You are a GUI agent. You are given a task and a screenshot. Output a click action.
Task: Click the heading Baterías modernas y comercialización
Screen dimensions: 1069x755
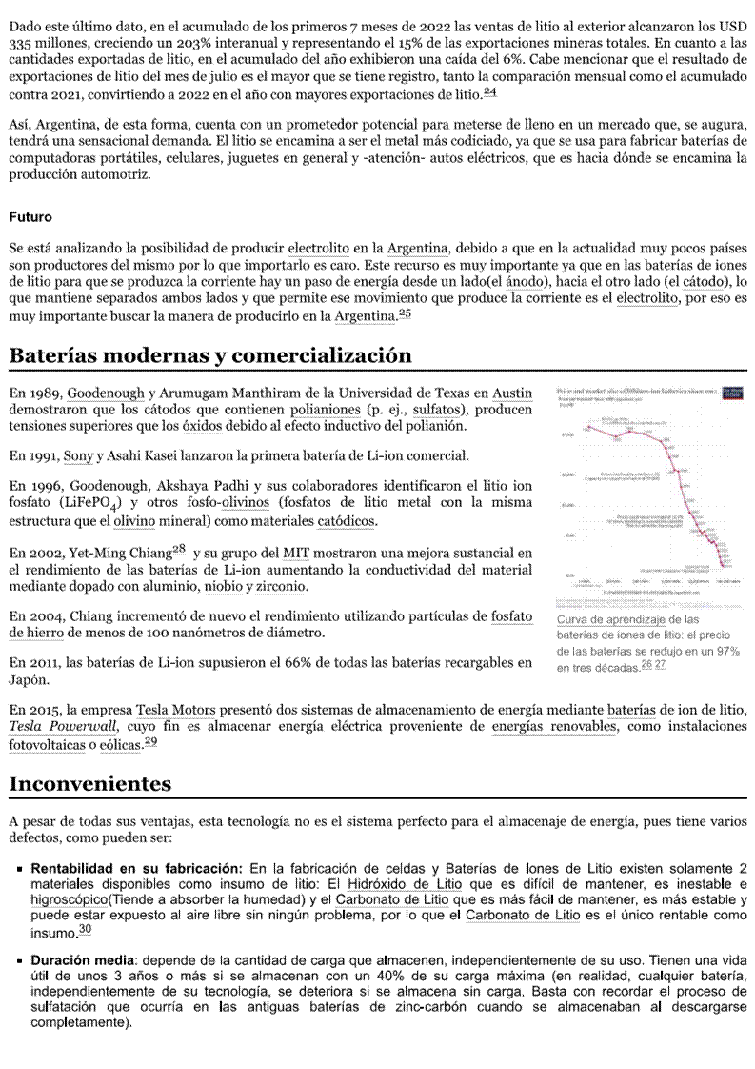click(210, 355)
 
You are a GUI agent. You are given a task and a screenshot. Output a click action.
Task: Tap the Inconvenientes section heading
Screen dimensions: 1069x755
click(90, 784)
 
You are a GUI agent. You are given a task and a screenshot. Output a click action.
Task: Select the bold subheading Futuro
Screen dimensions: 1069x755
click(30, 217)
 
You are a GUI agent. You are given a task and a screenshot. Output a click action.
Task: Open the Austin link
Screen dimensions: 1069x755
click(512, 393)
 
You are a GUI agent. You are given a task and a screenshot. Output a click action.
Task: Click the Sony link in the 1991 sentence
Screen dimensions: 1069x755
click(78, 456)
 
